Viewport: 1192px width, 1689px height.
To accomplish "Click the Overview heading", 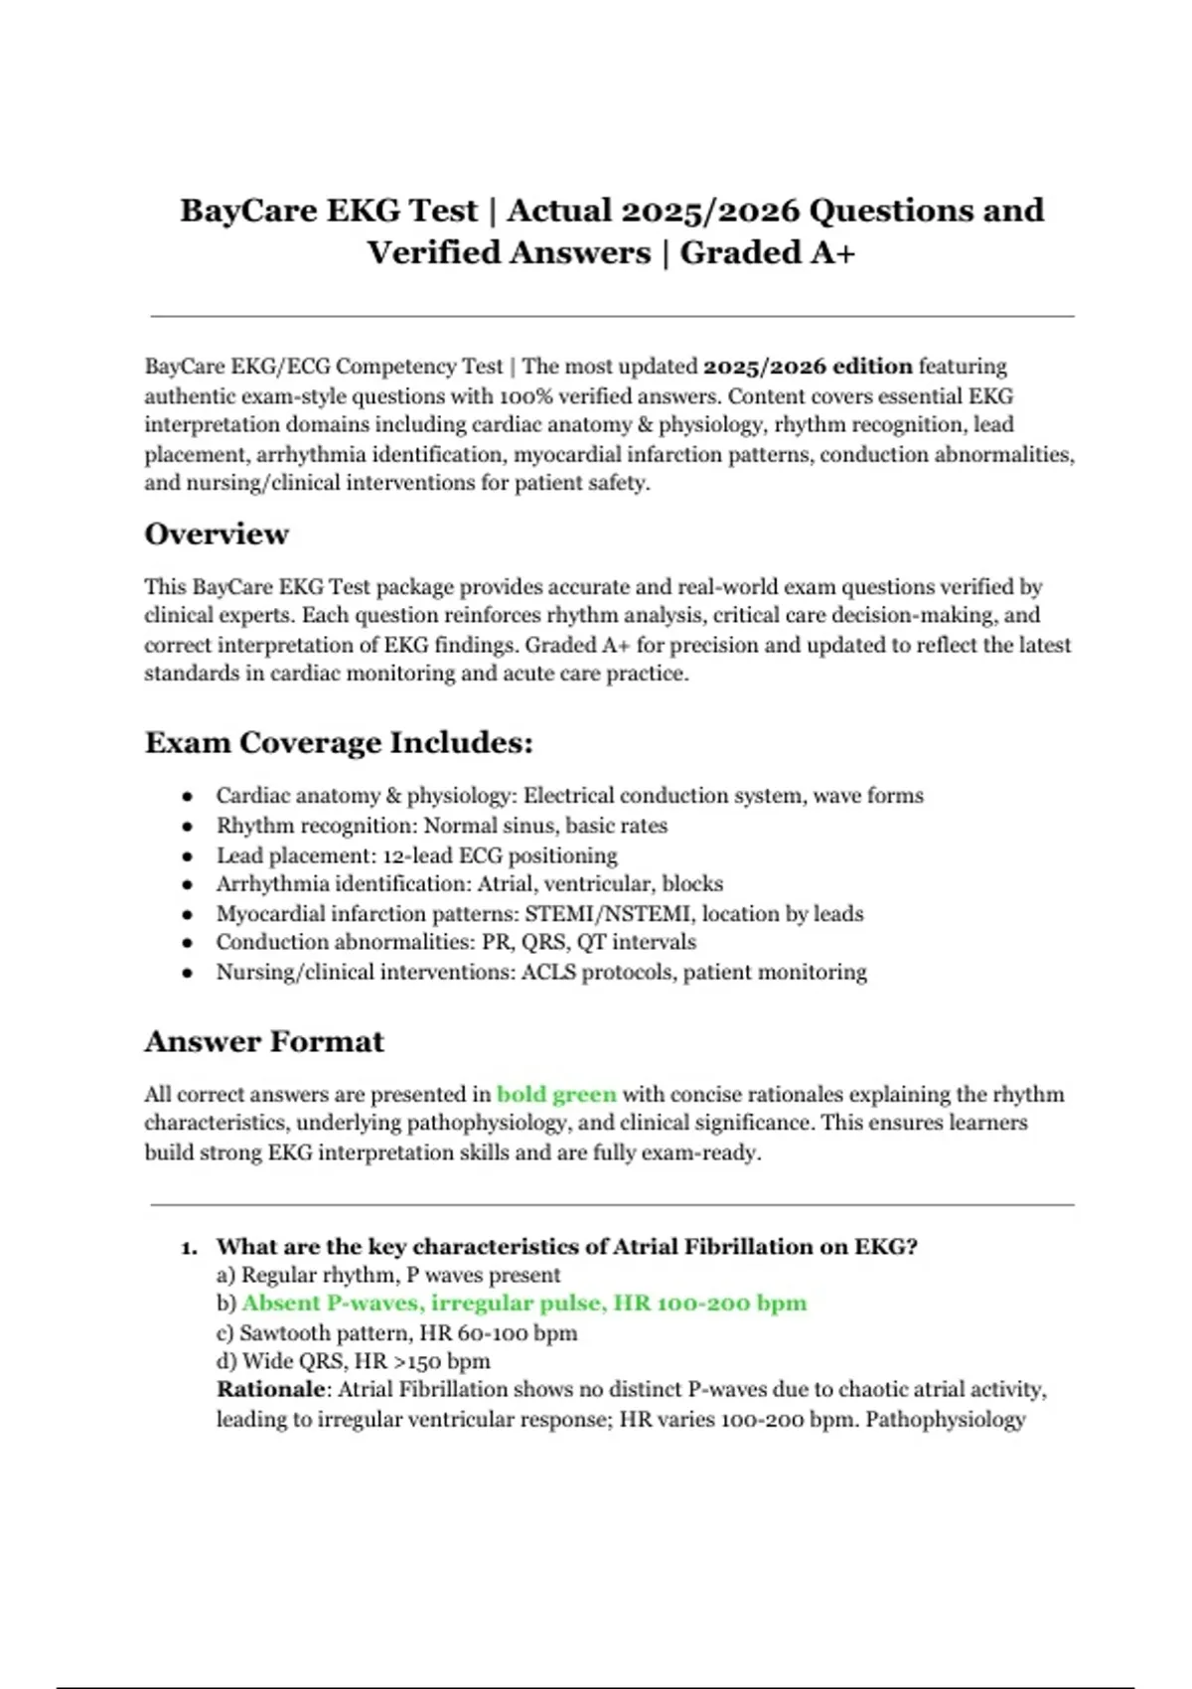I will coord(217,535).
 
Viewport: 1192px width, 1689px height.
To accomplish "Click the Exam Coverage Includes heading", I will coord(339,743).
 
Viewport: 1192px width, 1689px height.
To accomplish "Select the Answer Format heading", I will coord(264,1041).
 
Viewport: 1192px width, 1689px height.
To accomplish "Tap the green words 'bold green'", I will coord(556,1095).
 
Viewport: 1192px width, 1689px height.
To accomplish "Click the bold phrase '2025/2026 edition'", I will coord(808,367).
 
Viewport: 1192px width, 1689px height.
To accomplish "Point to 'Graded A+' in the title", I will coord(767,253).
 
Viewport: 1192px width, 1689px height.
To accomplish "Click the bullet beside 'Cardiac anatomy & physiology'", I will coord(188,797).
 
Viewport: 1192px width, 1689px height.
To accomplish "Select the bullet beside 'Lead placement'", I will coord(188,856).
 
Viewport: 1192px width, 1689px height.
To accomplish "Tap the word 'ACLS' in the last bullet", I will coord(548,973).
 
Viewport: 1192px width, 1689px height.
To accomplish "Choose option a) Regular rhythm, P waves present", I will coord(388,1275).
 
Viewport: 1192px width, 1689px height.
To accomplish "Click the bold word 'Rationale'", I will coord(271,1390).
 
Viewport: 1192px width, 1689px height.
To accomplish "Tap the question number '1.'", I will coord(190,1248).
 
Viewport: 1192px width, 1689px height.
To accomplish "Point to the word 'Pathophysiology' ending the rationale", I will coord(945,1419).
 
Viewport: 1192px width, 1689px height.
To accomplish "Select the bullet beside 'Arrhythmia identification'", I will coord(188,885).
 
